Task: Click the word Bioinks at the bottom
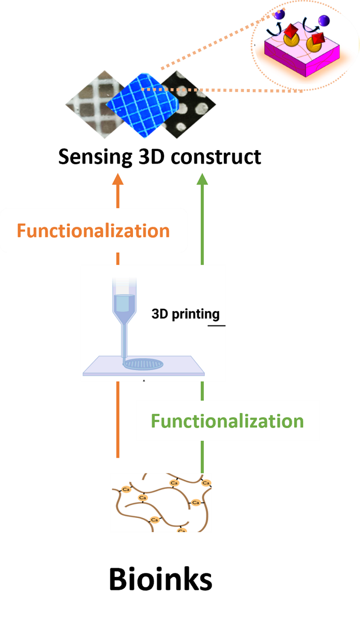160,580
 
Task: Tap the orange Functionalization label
93,230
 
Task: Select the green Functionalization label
227,421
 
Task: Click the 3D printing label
186,314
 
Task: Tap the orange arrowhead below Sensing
118,179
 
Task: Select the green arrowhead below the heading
202,179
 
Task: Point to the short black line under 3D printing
217,326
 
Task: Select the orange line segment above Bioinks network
118,419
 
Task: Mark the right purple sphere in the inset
324,21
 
